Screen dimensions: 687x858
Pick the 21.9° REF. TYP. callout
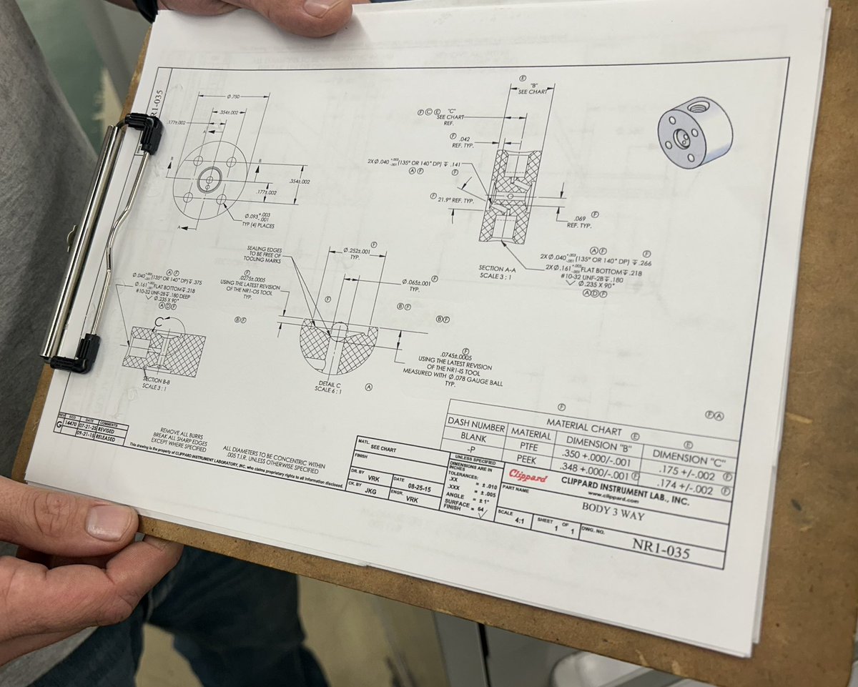[455, 201]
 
